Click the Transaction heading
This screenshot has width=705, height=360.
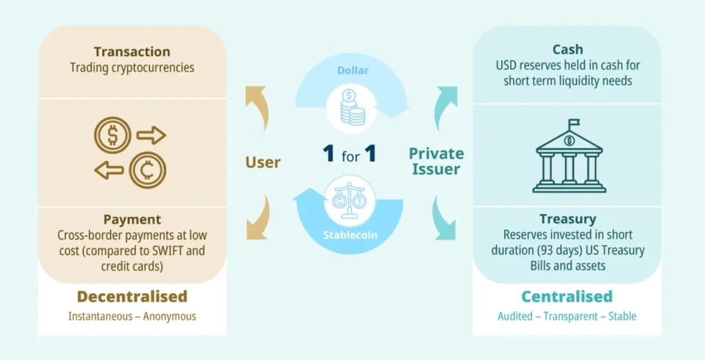point(132,52)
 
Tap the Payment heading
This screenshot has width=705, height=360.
point(132,220)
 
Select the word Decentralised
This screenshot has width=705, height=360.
point(132,297)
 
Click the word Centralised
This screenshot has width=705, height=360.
point(567,297)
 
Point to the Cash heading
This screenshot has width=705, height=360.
point(567,50)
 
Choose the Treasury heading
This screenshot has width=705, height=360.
point(568,219)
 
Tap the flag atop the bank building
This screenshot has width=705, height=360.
point(574,125)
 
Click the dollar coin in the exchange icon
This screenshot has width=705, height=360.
point(112,135)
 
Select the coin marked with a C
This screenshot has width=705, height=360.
point(147,170)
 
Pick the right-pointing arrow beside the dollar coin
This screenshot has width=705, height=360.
point(151,135)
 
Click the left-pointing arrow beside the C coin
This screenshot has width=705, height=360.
point(109,170)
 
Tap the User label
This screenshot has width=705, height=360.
point(263,162)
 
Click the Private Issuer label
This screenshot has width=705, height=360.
point(436,161)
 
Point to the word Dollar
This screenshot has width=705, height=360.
point(352,70)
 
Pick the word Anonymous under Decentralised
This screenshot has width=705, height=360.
point(169,317)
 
